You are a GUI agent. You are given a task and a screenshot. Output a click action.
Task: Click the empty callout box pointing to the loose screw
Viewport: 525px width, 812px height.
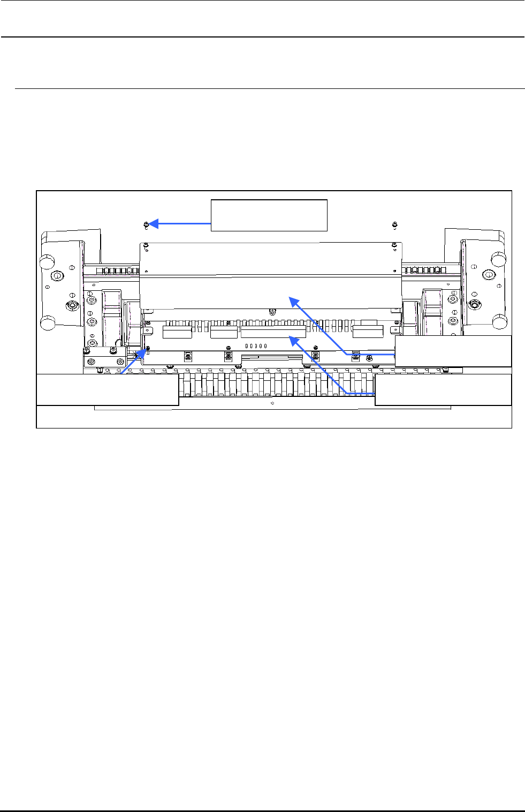coord(269,215)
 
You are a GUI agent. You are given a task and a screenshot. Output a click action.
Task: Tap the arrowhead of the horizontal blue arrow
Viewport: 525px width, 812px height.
coord(153,224)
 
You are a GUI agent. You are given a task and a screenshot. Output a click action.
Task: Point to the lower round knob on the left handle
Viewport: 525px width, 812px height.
coord(48,324)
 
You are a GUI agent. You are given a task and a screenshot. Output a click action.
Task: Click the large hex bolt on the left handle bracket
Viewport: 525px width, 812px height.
coord(70,305)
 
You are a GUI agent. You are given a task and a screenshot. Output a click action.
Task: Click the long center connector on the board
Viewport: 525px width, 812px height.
coord(273,333)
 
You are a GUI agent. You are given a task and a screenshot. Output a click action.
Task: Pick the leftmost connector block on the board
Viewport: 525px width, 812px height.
coord(177,333)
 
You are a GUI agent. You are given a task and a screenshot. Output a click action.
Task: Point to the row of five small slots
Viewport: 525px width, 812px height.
coord(256,347)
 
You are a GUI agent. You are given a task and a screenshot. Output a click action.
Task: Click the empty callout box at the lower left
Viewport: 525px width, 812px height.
coord(107,389)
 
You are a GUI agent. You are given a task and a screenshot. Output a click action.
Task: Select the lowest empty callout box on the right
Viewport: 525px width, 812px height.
coord(443,389)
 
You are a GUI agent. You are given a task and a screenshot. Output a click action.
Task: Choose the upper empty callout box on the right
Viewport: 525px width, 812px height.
coord(453,351)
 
